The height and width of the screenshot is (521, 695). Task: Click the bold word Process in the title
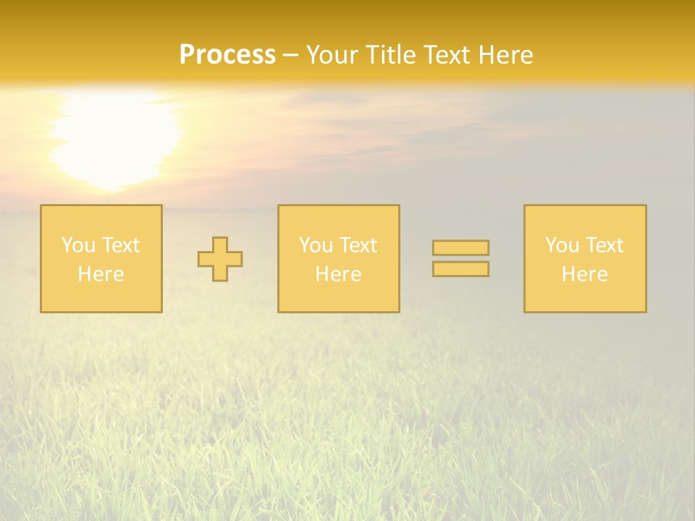point(227,54)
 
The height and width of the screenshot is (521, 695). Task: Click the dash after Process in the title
point(291,55)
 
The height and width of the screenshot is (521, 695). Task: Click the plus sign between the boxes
point(220,259)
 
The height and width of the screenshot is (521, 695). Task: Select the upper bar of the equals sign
point(460,248)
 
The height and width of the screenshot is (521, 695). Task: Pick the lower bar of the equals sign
point(460,269)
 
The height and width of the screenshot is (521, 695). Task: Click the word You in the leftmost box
point(78,245)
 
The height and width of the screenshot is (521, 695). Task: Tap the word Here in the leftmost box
point(101,274)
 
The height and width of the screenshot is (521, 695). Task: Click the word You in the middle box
point(316,245)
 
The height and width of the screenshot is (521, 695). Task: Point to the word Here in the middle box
point(338,274)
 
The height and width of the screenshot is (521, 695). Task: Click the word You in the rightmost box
point(562,245)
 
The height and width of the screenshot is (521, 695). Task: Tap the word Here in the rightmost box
point(584,274)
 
